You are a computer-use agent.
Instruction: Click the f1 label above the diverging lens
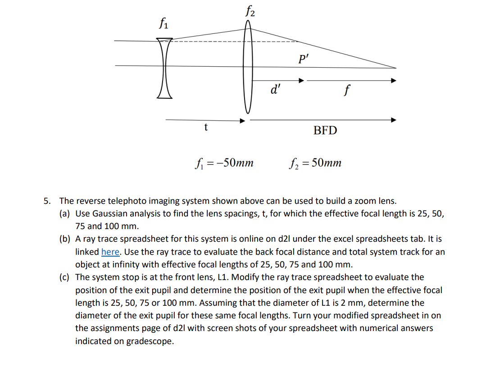coord(163,23)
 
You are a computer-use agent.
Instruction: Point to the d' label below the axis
coord(273,90)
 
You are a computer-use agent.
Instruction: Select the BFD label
coord(325,131)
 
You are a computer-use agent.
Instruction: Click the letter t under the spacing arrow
coord(206,128)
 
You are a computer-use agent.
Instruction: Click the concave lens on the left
coord(164,68)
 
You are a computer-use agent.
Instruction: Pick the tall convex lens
coord(247,68)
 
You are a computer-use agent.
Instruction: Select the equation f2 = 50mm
coord(315,162)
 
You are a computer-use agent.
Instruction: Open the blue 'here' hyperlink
coord(110,252)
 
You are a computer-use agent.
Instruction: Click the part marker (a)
coord(65,213)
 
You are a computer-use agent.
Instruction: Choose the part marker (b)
coord(65,239)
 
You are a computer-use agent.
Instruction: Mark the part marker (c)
coord(65,277)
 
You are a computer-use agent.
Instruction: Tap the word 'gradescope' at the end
coord(150,341)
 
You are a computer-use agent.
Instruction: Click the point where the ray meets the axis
coord(396,68)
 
